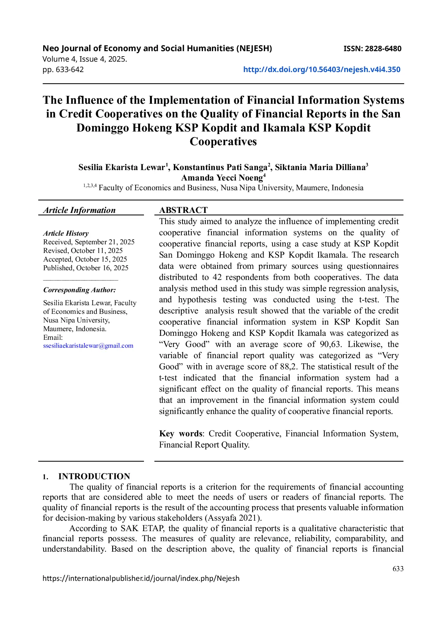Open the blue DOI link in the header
(321, 70)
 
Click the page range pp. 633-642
(63, 70)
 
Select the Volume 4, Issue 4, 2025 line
(85, 59)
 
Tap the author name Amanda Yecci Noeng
(222, 178)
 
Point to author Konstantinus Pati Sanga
(220, 168)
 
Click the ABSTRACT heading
(183, 210)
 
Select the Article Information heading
(79, 210)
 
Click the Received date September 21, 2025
(89, 242)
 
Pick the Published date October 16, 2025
(86, 268)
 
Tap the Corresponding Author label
(80, 290)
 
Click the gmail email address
(88, 346)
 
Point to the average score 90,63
(330, 344)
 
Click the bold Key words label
(181, 434)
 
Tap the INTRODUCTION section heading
(94, 476)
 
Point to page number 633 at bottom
(398, 569)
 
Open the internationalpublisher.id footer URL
(141, 579)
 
